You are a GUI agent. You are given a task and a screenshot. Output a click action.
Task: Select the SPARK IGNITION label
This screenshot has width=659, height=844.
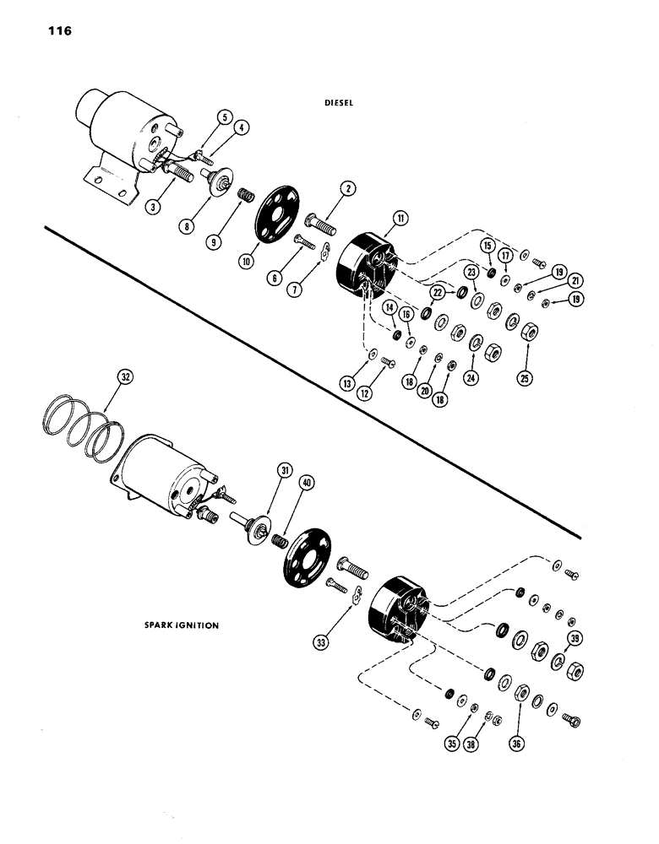[181, 625]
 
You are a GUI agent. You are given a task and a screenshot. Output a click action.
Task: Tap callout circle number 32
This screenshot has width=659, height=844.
[125, 379]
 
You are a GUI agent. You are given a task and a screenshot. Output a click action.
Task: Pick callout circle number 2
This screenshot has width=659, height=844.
[346, 188]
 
